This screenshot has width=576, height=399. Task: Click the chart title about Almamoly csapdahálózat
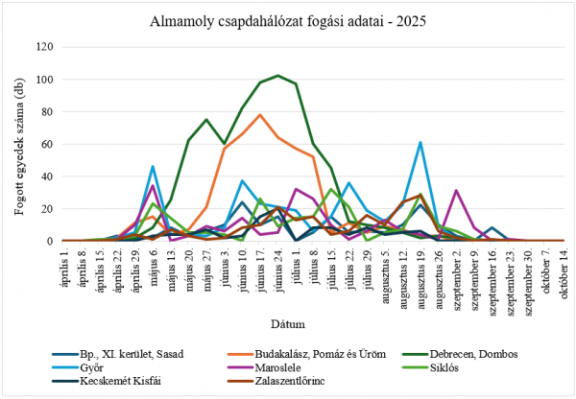[289, 20]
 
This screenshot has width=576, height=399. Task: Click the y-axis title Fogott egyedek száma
[19, 143]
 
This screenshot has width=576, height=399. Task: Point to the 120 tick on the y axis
[44, 46]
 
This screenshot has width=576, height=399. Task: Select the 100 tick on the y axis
[44, 79]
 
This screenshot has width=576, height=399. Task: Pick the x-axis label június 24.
[278, 268]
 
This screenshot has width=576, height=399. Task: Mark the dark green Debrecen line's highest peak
[278, 75]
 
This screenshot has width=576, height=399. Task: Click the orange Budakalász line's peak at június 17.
[260, 114]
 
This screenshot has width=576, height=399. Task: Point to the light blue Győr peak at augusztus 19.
[420, 142]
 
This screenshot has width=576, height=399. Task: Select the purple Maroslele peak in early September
[456, 190]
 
